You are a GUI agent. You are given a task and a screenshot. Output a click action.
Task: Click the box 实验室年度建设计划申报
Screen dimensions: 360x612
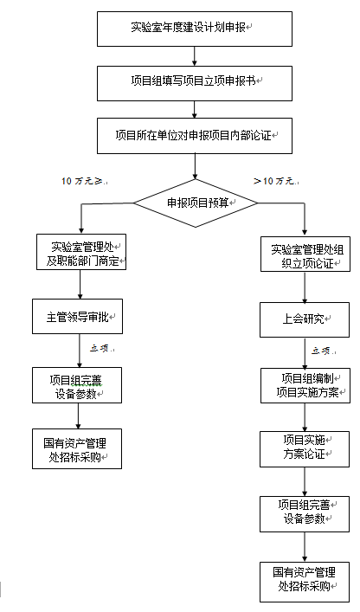pos(195,29)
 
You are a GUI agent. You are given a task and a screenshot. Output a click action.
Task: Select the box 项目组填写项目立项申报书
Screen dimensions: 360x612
pos(195,83)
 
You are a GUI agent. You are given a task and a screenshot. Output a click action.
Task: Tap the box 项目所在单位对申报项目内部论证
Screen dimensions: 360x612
pos(195,136)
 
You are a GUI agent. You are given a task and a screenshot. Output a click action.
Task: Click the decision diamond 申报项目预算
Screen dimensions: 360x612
pos(196,203)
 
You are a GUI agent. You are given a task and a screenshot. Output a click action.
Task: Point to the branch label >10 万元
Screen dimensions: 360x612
pos(276,181)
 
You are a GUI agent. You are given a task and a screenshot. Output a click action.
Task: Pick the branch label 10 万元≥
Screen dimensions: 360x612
pos(85,181)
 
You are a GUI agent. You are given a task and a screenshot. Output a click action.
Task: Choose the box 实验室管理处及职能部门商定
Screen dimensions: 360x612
pos(81,252)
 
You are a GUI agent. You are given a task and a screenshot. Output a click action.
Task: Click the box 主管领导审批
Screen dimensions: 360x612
pos(77,317)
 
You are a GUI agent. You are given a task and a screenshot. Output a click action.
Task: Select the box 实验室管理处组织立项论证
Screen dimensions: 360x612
pos(305,254)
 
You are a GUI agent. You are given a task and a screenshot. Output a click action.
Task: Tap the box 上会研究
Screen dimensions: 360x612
pos(305,319)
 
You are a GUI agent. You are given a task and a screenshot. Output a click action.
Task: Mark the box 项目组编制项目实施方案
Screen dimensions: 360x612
pos(305,385)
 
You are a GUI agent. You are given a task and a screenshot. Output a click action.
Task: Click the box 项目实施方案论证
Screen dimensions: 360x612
pos(305,449)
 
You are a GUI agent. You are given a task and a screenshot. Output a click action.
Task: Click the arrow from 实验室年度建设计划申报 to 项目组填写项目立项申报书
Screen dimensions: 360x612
pos(195,56)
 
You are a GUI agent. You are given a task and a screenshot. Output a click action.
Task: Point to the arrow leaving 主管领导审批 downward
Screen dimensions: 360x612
pos(79,351)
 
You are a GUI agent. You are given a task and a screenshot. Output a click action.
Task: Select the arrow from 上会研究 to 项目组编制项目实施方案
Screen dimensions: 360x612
pos(305,353)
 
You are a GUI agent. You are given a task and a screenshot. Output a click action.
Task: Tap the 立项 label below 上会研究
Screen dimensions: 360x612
pos(324,351)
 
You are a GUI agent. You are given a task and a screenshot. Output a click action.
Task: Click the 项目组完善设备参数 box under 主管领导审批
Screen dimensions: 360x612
pos(77,385)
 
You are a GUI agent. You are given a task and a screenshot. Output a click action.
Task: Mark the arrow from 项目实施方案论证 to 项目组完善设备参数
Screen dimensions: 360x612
pos(305,481)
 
